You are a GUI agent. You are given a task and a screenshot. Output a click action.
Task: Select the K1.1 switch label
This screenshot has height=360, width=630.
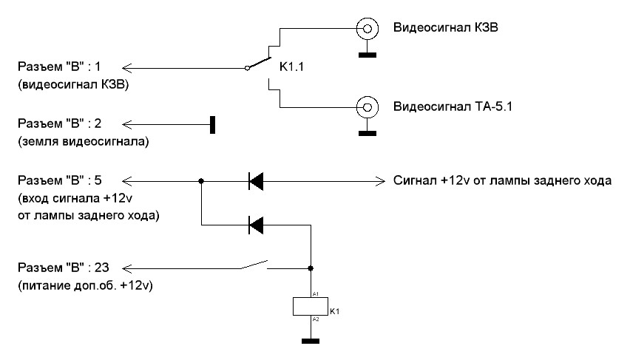(291, 68)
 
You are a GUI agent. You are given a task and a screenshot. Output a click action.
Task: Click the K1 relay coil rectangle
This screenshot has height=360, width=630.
(311, 306)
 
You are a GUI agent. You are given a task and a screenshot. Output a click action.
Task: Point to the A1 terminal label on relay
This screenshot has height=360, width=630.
(316, 293)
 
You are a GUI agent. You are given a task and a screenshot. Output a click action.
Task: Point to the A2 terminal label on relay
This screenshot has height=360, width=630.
(316, 319)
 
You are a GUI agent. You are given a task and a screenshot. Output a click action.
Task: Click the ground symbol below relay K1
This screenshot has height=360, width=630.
(311, 342)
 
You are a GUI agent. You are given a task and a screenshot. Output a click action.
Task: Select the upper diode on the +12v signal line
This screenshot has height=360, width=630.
(256, 180)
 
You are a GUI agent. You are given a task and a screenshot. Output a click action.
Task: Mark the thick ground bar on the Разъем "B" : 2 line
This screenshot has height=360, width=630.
(212, 124)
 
